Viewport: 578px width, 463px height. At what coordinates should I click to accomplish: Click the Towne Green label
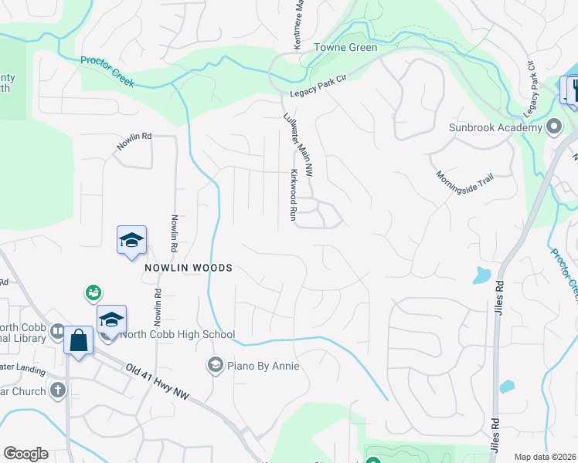click(345, 48)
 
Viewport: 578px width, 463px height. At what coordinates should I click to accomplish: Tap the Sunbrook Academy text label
click(496, 127)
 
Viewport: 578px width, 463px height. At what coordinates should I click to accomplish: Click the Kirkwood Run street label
click(294, 197)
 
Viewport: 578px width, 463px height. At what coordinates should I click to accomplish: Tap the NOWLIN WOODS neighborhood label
click(188, 268)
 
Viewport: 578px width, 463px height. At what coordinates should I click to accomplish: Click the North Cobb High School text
click(178, 335)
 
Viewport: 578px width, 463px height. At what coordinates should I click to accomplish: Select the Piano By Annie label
click(263, 365)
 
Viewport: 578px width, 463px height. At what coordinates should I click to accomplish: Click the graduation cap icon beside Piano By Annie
click(216, 364)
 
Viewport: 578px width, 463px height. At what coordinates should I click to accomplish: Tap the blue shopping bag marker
click(79, 340)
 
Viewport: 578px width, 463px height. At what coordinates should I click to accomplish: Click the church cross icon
click(57, 390)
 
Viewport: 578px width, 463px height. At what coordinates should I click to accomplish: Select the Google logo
click(25, 454)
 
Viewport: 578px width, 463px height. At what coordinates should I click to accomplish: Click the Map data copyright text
click(546, 457)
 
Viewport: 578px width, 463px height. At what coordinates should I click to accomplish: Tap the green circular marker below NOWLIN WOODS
click(93, 292)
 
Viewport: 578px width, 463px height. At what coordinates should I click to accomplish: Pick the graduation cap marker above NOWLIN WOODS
click(131, 240)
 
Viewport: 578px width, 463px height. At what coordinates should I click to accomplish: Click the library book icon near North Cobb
click(57, 332)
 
